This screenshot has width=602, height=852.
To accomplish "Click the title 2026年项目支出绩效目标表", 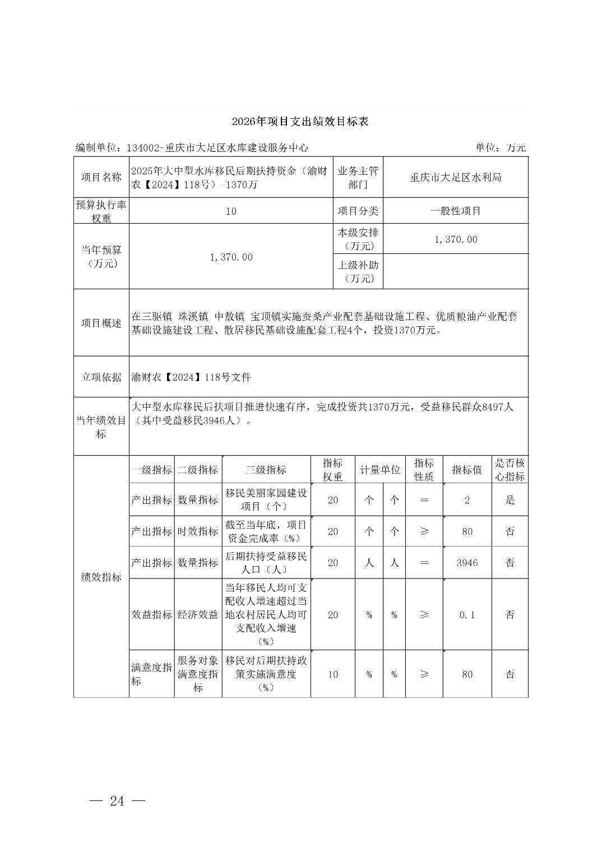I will (300, 122).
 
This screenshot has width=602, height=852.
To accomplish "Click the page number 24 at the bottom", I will (117, 800).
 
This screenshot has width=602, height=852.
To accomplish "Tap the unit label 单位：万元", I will (501, 147).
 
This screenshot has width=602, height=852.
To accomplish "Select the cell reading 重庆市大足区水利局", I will (455, 178).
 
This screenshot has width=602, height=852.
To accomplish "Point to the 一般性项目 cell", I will (455, 211).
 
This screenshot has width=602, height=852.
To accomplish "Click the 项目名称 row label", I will (101, 178).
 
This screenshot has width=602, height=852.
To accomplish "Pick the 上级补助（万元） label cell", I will (358, 271).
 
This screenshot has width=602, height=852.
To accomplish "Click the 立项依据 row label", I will (101, 377).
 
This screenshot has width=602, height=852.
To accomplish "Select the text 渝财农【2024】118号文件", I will (191, 377).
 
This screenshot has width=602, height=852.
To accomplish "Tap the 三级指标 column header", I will (266, 470).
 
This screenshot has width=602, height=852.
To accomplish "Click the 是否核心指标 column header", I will (510, 470).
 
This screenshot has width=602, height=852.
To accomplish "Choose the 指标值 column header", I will (467, 470).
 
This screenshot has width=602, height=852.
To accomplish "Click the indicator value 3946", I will (467, 563).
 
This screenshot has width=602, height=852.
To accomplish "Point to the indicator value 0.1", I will (467, 615).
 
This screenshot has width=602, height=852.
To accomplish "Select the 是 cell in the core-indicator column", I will (510, 500).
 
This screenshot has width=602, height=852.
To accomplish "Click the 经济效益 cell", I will (198, 615).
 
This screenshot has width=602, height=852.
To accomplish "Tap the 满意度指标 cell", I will (151, 674).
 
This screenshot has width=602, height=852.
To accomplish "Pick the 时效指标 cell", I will (198, 531).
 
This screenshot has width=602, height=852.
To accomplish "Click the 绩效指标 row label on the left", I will (101, 577).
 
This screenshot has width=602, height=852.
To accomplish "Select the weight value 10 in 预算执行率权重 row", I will (231, 211).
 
